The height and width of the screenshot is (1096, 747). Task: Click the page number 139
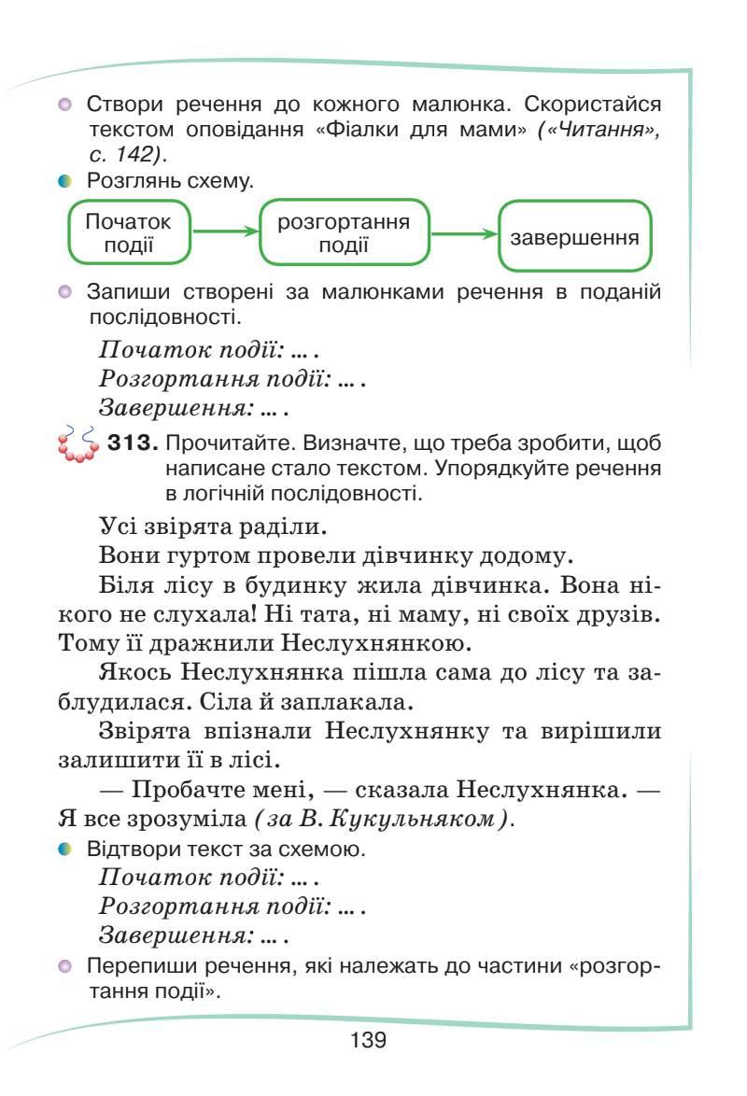(369, 1040)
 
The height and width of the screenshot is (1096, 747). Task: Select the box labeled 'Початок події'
(129, 233)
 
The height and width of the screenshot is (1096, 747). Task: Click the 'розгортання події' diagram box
(344, 233)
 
